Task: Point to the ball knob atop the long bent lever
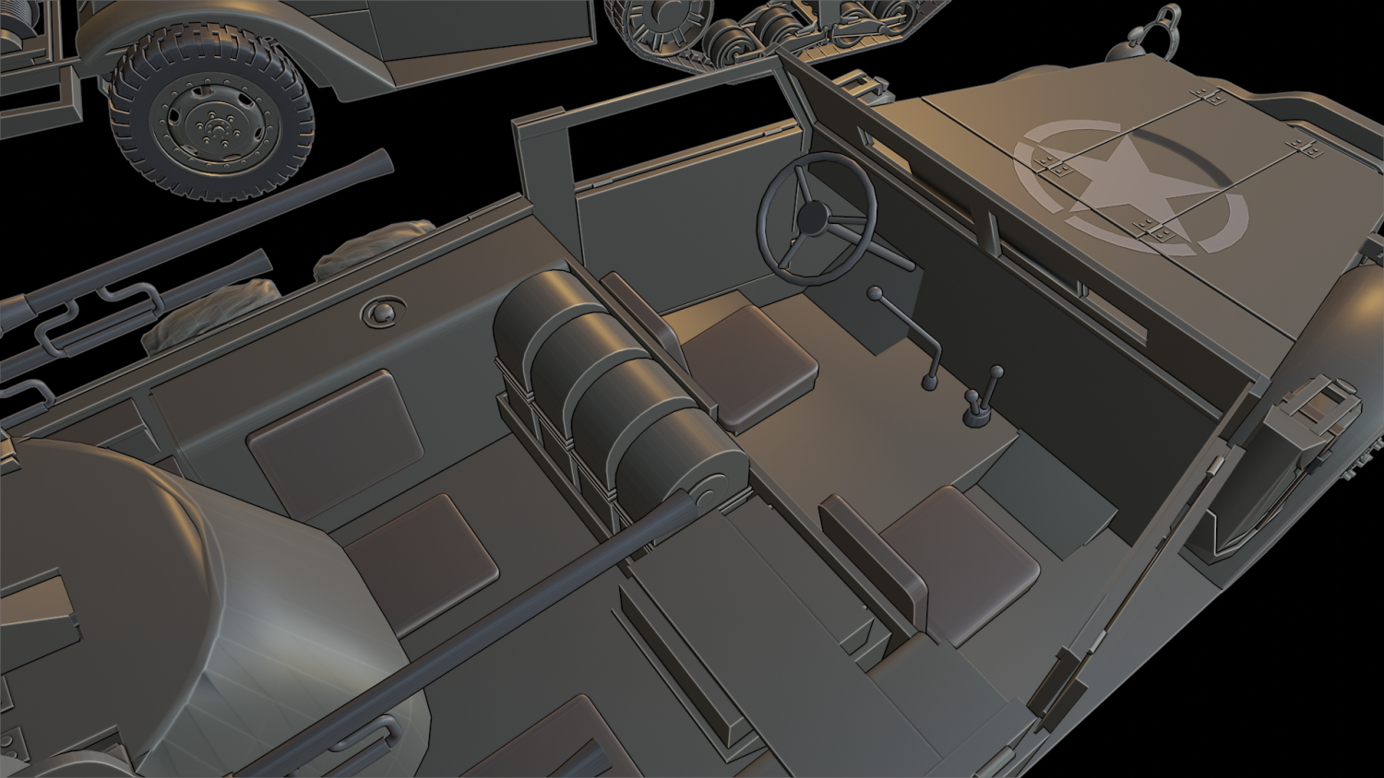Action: tap(874, 294)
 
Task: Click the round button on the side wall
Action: tap(380, 312)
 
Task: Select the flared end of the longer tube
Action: tap(376, 164)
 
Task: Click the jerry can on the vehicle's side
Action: tap(1310, 425)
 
